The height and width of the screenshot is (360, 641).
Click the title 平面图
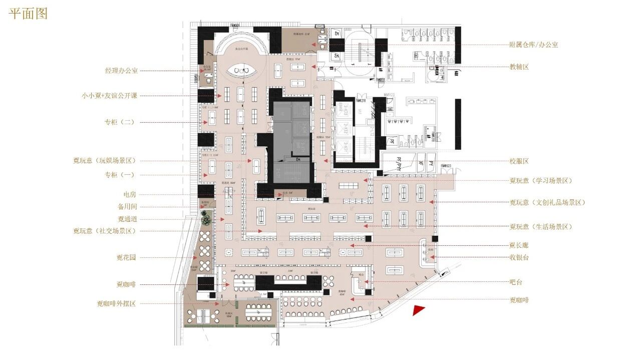(x=29, y=14)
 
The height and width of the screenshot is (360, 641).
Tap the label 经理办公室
(x=121, y=71)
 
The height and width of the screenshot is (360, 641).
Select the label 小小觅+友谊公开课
(x=109, y=96)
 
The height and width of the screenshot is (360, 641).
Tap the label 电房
(x=130, y=194)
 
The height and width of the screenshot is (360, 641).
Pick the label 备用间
(x=127, y=206)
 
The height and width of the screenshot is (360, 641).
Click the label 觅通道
(x=127, y=219)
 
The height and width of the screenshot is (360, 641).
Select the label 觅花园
(x=127, y=258)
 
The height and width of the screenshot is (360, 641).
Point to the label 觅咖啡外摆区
(x=116, y=304)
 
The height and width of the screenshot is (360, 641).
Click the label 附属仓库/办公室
(x=533, y=45)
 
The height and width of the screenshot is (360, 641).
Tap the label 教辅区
(x=519, y=67)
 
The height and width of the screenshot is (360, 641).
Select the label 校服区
(x=519, y=161)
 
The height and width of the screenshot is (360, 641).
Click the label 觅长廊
(x=519, y=245)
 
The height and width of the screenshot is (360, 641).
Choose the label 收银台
(x=519, y=257)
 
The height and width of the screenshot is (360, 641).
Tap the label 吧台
(x=516, y=282)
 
